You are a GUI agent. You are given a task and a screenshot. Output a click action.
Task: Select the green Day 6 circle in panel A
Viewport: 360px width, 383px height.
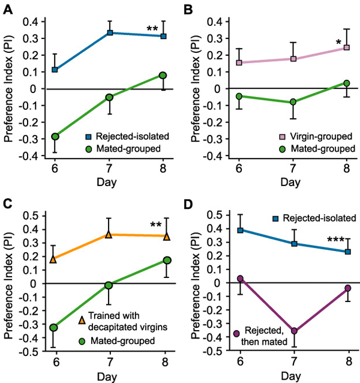55,137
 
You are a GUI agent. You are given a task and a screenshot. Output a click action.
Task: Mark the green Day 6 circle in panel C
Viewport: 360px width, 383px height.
53,328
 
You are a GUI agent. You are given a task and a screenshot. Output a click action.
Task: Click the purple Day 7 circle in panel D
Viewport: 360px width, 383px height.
295,331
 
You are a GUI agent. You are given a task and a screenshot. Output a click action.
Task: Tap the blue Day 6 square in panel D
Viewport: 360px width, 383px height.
240,230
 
